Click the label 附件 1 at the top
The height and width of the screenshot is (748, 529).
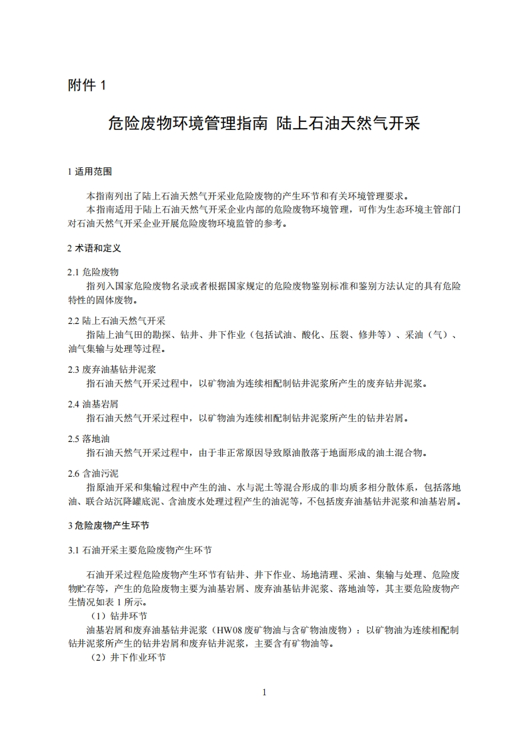[87, 85]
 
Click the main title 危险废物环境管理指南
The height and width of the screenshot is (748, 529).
[187, 123]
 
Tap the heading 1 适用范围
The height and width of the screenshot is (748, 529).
[90, 171]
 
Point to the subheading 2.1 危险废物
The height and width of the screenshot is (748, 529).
[93, 272]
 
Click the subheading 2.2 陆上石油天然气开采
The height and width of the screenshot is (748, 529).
[117, 321]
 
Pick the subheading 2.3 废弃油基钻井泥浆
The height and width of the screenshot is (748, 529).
[112, 369]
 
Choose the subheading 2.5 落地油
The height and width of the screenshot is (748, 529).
[93, 439]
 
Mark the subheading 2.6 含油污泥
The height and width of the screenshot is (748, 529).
[93, 473]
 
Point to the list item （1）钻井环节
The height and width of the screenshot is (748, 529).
[119, 615]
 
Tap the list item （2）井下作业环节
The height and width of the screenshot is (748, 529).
[128, 657]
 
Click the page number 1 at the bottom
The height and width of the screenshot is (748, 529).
[264, 692]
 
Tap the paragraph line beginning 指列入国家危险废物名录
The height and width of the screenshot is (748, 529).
[274, 286]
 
